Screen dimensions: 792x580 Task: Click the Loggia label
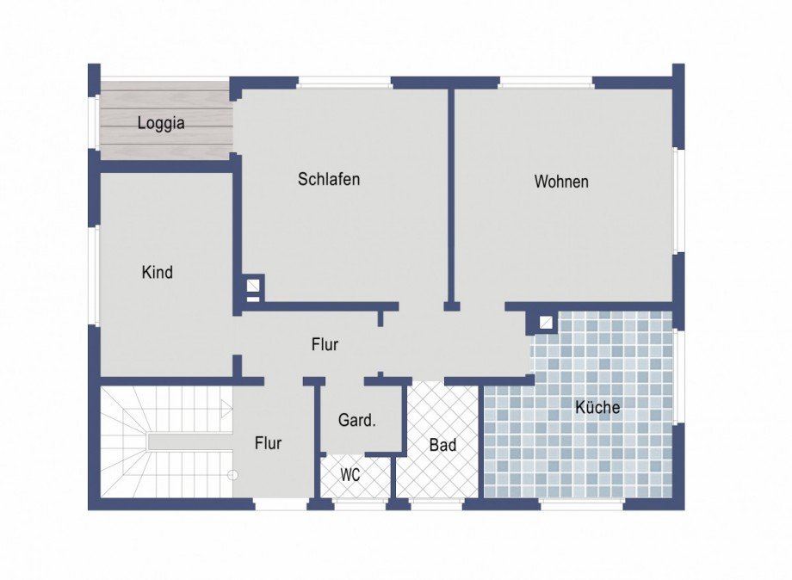tap(161, 123)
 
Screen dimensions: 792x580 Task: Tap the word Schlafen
tap(329, 179)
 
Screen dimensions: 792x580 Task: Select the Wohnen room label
tap(561, 182)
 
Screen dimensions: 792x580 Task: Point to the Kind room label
tap(157, 273)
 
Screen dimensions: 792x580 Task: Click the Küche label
tap(597, 407)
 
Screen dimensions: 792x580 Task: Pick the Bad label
tap(443, 445)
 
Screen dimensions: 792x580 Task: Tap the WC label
tap(350, 475)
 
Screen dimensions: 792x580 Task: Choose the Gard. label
tap(357, 420)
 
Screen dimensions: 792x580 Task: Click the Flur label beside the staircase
tap(269, 443)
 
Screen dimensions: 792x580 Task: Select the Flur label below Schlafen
tap(325, 345)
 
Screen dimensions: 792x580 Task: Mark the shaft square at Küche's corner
tap(546, 323)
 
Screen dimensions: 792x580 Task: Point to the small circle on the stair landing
tap(232, 474)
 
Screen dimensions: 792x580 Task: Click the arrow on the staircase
tap(226, 407)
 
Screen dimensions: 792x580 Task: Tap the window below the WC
tap(359, 503)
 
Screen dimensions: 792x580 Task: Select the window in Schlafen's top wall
tap(344, 83)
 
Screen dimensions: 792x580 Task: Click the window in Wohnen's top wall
tap(546, 83)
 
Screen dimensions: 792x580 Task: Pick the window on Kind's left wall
tap(95, 275)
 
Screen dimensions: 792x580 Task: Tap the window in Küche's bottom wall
tap(581, 503)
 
